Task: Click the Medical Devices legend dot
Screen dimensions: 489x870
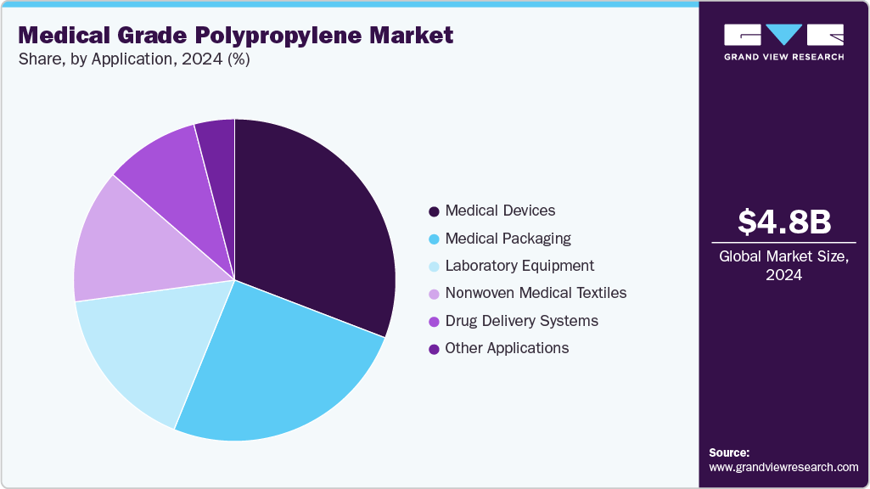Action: tap(434, 211)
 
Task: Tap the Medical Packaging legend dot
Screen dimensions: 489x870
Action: tap(434, 239)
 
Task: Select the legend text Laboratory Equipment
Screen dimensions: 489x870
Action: tap(519, 266)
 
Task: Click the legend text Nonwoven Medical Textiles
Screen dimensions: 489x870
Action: tap(536, 293)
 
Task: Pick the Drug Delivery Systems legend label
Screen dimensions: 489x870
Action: tap(521, 321)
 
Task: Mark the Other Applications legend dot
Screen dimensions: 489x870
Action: tap(434, 348)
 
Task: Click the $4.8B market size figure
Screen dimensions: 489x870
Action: tap(783, 222)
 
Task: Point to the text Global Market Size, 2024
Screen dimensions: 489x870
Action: tap(783, 265)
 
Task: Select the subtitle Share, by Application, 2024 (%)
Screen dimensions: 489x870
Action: tap(133, 59)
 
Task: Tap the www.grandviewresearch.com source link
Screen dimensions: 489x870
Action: tap(783, 467)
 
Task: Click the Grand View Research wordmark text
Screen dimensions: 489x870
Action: tap(783, 57)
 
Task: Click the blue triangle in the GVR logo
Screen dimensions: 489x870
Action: tap(784, 34)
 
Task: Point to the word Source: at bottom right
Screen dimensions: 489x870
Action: tap(729, 452)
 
